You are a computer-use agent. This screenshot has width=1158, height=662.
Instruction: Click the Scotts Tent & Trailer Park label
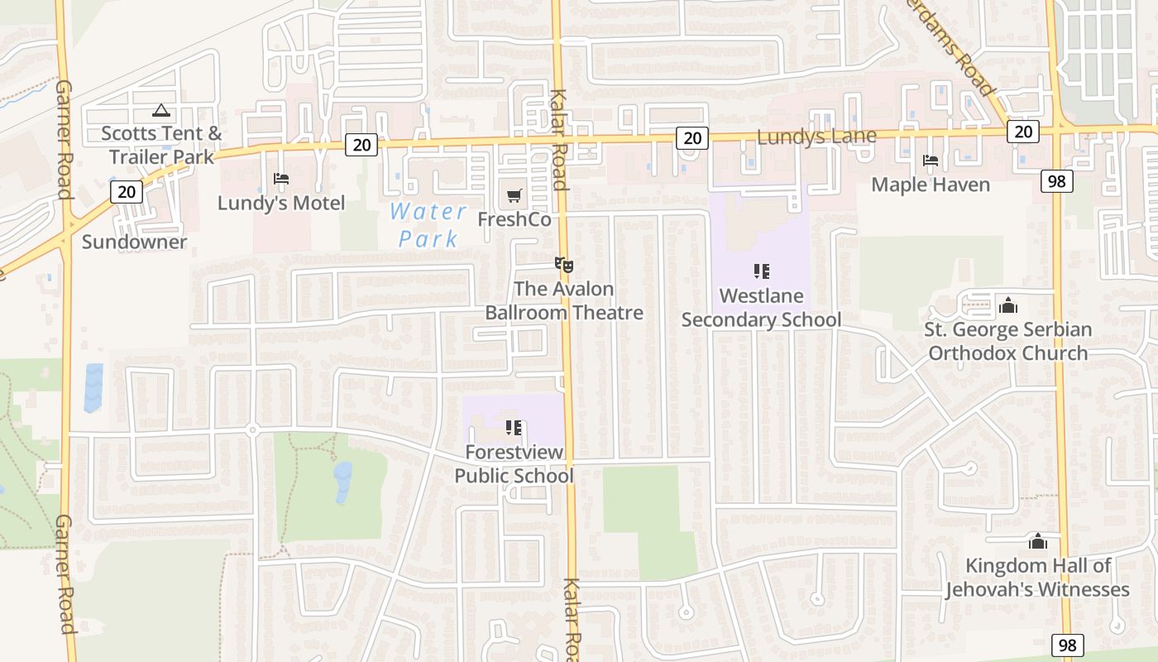click(161, 145)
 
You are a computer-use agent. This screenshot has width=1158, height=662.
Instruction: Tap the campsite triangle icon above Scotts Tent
click(161, 110)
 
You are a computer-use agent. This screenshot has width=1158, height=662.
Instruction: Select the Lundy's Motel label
click(281, 203)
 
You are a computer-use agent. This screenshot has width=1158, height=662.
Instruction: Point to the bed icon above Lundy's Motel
click(281, 179)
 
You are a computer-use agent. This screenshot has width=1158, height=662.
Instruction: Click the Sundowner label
click(134, 242)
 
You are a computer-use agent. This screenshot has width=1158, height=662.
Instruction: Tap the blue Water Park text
click(428, 225)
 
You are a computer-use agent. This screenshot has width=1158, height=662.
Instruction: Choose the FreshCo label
click(514, 219)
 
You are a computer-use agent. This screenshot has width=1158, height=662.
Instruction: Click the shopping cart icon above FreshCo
click(514, 196)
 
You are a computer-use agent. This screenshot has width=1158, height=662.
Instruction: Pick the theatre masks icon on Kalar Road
click(564, 265)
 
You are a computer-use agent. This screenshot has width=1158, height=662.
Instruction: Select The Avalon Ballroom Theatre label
click(564, 301)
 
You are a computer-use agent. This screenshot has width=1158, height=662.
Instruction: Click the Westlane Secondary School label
click(761, 308)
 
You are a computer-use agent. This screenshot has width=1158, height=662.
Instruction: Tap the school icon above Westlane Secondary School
click(762, 271)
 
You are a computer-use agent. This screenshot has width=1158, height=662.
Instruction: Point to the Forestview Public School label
click(514, 464)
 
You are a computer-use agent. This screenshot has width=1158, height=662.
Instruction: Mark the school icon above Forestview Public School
click(514, 428)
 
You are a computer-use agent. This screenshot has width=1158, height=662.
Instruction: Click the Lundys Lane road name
click(816, 137)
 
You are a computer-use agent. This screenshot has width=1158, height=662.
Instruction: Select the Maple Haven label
click(931, 185)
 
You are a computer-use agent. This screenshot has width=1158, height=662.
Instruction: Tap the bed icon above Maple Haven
click(931, 161)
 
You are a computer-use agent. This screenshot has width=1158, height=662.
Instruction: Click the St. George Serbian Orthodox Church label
click(1007, 342)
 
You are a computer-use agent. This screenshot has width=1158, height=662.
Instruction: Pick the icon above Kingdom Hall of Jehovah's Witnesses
click(1037, 542)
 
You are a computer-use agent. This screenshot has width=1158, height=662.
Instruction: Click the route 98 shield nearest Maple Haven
click(1056, 180)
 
